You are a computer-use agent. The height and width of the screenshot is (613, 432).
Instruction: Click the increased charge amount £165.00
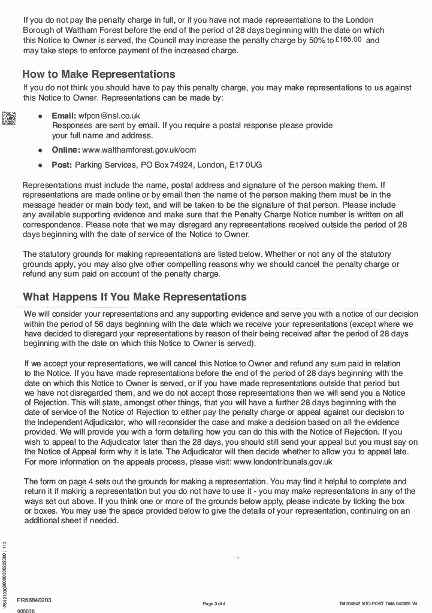348,40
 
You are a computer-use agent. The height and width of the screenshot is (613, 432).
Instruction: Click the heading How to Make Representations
99,74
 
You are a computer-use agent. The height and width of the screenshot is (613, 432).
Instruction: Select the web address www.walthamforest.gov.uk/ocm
139,149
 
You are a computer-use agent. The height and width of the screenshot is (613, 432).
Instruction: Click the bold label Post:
62,164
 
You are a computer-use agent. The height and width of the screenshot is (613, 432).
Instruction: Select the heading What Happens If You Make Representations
134,296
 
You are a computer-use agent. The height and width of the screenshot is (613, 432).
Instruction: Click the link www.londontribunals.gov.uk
283,462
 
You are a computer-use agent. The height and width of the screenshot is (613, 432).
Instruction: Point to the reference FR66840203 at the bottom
34,599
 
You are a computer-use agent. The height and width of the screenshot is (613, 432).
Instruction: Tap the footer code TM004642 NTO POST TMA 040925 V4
377,603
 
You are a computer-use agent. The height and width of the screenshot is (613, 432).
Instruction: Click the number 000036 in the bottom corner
26,610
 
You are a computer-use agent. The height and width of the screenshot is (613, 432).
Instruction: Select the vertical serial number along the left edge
5,572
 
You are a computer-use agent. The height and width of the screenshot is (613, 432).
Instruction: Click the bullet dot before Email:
40,115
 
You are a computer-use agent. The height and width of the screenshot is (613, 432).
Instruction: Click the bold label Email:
64,114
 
